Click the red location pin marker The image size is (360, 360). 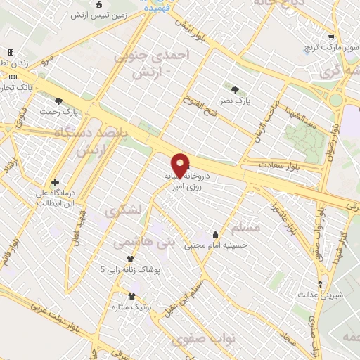click(181, 164)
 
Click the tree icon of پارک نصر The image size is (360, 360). click(235, 89)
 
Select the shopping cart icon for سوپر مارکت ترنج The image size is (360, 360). click(330, 39)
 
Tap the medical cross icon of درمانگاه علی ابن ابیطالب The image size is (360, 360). click(56, 182)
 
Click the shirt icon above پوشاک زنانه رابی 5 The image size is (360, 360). click(129, 259)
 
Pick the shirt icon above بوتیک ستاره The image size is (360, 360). click(131, 296)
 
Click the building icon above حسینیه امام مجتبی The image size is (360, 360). click(214, 235)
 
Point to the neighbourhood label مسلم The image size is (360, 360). click(245, 228)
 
